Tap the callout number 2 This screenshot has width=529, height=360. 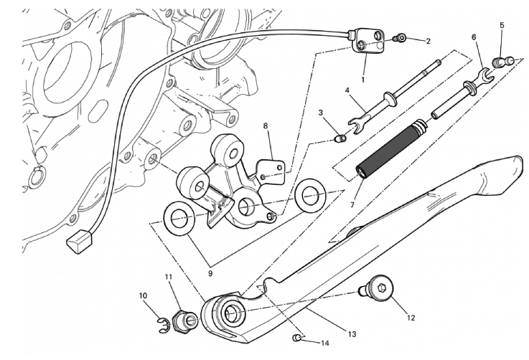(428, 41)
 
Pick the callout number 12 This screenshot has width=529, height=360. (411, 316)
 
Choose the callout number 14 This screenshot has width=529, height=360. (324, 344)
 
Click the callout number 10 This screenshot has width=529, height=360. (143, 295)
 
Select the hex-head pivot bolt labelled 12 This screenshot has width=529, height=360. (380, 291)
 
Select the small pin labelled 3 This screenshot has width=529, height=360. (341, 138)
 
